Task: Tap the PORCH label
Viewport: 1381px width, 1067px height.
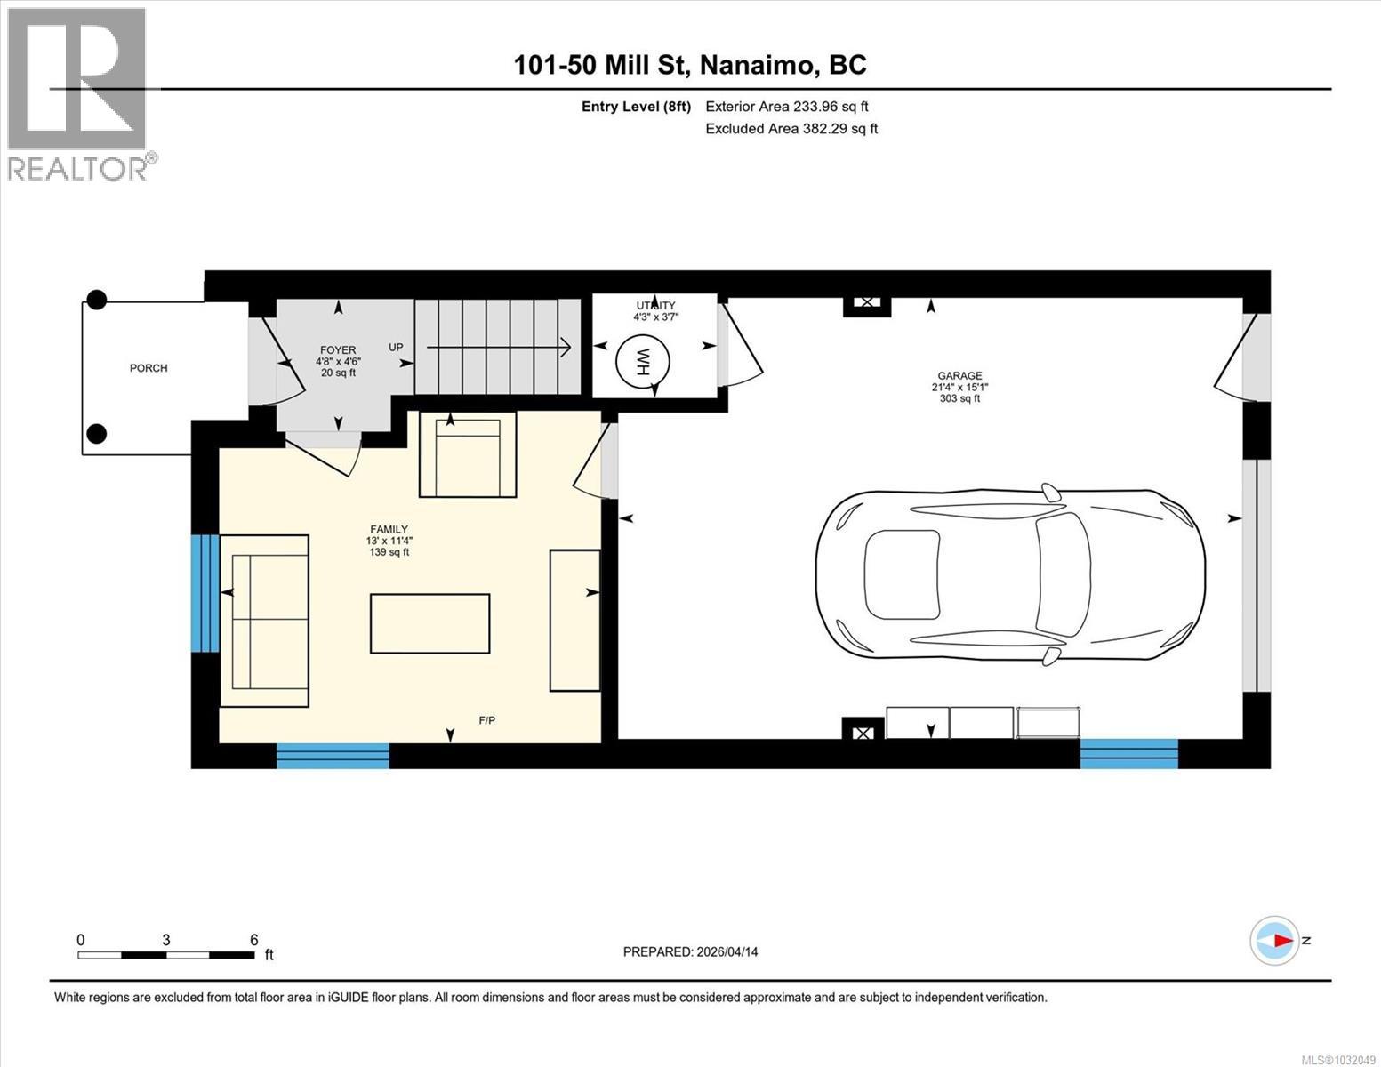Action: [x=149, y=368]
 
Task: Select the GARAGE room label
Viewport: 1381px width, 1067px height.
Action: [x=959, y=376]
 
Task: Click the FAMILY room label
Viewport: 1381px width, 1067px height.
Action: [x=389, y=529]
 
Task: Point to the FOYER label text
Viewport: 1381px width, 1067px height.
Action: [x=337, y=350]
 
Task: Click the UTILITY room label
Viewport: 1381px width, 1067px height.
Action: [x=654, y=306]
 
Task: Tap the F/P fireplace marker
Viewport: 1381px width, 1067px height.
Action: [x=487, y=720]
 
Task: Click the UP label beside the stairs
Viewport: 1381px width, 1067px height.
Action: [x=396, y=347]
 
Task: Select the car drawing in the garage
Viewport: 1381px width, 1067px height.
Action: [x=1010, y=575]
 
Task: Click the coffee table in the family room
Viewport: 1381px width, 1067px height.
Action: [x=430, y=624]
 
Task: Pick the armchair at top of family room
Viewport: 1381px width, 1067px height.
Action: [x=468, y=455]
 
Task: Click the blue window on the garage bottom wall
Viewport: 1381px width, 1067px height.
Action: [x=1128, y=753]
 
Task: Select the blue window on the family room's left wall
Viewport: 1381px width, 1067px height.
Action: [x=205, y=593]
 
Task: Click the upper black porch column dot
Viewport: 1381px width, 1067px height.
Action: [x=96, y=301]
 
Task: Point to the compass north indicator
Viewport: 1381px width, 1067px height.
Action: [x=1275, y=941]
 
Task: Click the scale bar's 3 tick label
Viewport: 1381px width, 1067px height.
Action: [x=166, y=940]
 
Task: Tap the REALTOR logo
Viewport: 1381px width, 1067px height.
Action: [x=79, y=93]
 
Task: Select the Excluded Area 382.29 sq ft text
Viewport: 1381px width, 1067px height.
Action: [x=791, y=129]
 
